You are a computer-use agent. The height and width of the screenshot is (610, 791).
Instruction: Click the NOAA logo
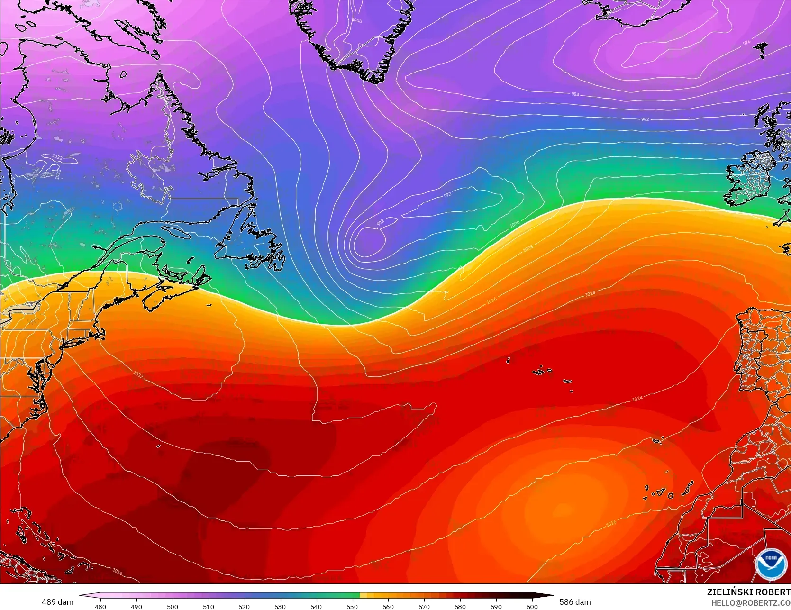(x=771, y=564)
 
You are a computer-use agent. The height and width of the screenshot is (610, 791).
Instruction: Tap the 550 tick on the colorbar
(x=352, y=606)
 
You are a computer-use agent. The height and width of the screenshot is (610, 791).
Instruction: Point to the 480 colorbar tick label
(x=100, y=606)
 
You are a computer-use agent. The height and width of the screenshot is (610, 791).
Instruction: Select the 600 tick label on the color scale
(x=532, y=606)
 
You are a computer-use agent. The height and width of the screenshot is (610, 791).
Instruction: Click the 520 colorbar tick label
(x=244, y=606)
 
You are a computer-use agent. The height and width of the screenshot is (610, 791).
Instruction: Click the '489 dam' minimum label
(x=57, y=602)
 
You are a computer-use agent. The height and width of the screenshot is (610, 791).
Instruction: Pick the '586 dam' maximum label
(x=575, y=602)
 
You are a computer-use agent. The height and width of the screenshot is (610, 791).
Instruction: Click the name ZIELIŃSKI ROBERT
(x=749, y=592)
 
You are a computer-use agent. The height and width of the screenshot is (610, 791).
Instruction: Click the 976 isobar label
(x=746, y=43)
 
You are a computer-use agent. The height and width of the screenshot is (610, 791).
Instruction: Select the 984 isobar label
(x=575, y=94)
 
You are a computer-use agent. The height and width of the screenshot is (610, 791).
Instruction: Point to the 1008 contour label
(x=528, y=248)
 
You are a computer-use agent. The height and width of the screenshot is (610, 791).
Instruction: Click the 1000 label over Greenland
(x=357, y=21)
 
